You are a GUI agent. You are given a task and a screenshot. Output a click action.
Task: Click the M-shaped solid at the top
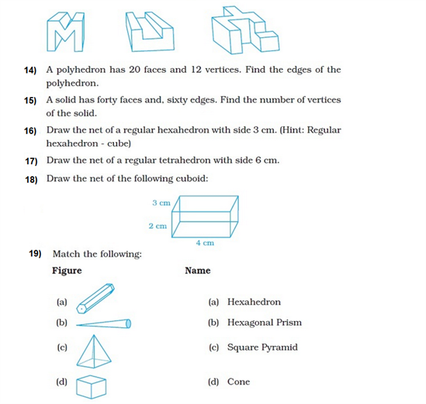[x=65, y=29]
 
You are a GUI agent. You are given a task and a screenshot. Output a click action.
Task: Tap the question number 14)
[x=30, y=71]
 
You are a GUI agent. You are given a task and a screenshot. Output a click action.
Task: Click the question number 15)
[x=30, y=101]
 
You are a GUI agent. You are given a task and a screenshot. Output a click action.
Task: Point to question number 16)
[x=30, y=130]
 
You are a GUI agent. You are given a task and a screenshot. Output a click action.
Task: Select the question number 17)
[x=30, y=161]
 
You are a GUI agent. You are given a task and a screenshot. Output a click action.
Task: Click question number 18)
[x=30, y=179]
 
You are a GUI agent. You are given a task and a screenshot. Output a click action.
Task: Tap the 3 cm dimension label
[x=161, y=202]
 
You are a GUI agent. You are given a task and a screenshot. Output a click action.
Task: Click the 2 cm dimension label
[x=157, y=226]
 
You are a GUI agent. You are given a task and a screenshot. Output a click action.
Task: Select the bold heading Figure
[x=67, y=271]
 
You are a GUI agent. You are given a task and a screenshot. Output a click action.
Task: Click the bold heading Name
[x=197, y=271]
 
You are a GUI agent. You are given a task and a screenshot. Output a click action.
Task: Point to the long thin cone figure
[x=105, y=323]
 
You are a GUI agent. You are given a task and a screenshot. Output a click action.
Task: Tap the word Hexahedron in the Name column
[x=254, y=302]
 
